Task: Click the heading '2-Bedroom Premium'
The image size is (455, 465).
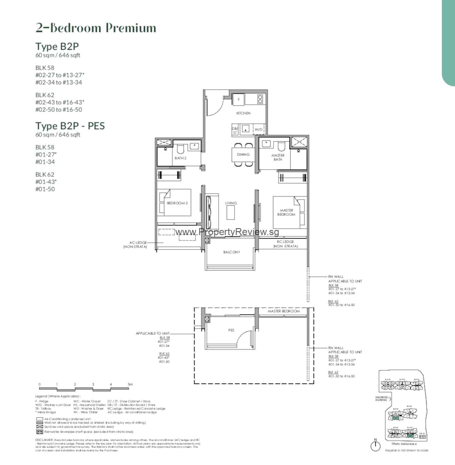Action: [x=96, y=28]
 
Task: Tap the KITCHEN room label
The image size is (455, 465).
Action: [x=243, y=113]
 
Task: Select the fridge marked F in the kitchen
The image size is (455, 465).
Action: [x=239, y=99]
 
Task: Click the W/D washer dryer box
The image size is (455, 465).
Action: [x=258, y=130]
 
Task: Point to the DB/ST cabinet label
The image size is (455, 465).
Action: [x=235, y=130]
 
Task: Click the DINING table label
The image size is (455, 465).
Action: [x=243, y=154]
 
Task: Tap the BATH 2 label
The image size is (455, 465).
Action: [x=180, y=158]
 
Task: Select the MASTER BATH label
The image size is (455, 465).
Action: [x=278, y=157]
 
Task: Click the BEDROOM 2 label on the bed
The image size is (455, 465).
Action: [x=177, y=203]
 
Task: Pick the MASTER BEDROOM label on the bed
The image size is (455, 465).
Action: [x=286, y=212]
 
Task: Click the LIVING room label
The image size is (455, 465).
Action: [x=231, y=203]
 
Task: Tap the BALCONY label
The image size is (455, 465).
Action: [x=231, y=252]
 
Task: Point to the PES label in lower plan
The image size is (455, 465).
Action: [x=231, y=330]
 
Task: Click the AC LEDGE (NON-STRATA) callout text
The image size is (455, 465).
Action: [x=135, y=244]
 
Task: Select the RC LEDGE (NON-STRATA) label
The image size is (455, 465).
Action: [x=285, y=244]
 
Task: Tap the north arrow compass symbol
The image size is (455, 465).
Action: [x=376, y=446]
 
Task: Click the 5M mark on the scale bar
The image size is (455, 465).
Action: [x=130, y=384]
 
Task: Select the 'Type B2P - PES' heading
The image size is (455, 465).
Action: [x=70, y=126]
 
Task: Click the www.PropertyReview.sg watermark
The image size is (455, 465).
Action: [x=227, y=232]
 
